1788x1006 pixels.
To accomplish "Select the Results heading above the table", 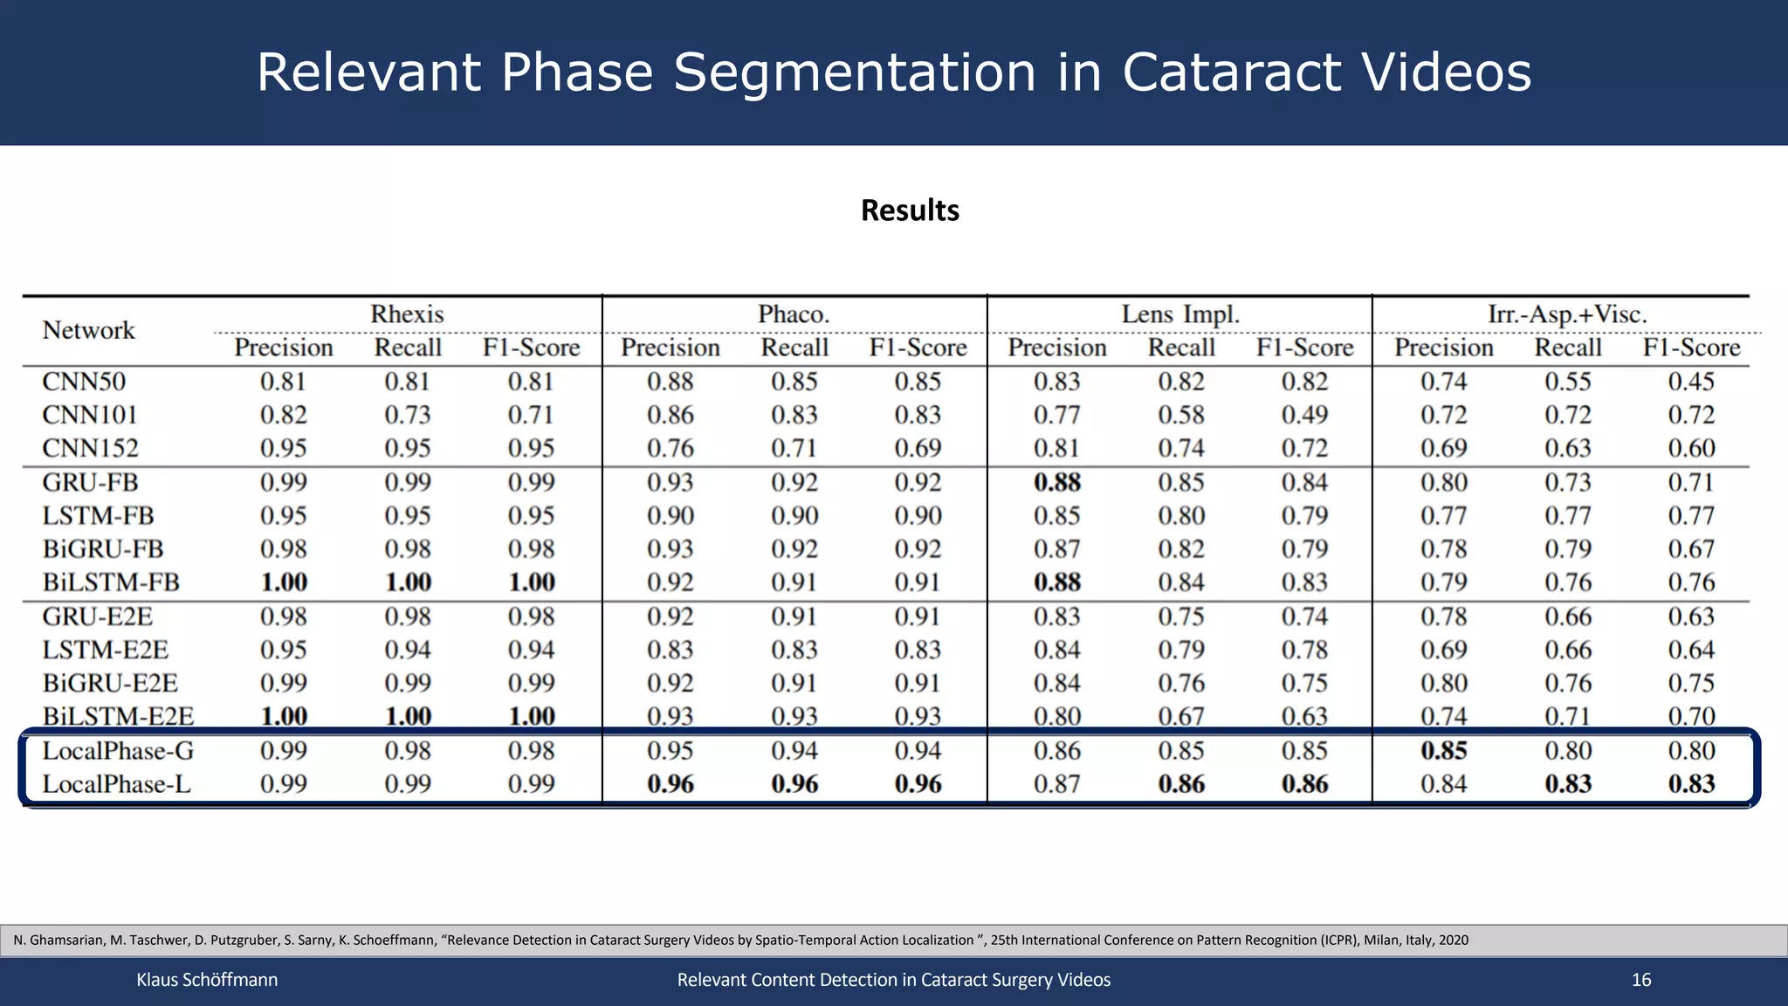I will point(910,210).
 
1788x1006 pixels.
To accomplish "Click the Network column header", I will point(88,330).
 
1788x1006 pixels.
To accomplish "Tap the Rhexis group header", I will point(407,314).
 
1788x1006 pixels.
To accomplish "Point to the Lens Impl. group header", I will point(1180,314).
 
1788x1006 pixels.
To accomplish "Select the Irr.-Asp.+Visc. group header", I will point(1567,314).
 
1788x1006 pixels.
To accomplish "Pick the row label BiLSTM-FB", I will point(111,582).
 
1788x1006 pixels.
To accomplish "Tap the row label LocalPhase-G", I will point(118,751).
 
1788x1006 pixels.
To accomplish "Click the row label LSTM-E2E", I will point(106,651).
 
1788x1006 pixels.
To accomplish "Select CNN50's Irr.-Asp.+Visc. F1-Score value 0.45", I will point(1691,382).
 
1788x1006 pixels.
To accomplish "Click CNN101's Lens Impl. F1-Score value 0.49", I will point(1304,415).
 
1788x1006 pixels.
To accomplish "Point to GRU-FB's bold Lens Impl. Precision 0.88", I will point(1056,483).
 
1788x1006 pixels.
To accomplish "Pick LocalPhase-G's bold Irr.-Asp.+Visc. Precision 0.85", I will point(1443,751).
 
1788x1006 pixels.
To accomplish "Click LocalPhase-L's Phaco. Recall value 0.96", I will point(794,784).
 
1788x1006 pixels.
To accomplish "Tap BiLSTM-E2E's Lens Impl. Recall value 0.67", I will point(1180,717).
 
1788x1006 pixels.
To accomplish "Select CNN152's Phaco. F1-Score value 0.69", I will point(918,449).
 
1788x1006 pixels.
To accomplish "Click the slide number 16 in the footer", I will point(1641,980).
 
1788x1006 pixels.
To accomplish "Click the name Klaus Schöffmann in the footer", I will point(207,980).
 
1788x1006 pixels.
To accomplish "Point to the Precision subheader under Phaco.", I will point(670,348).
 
